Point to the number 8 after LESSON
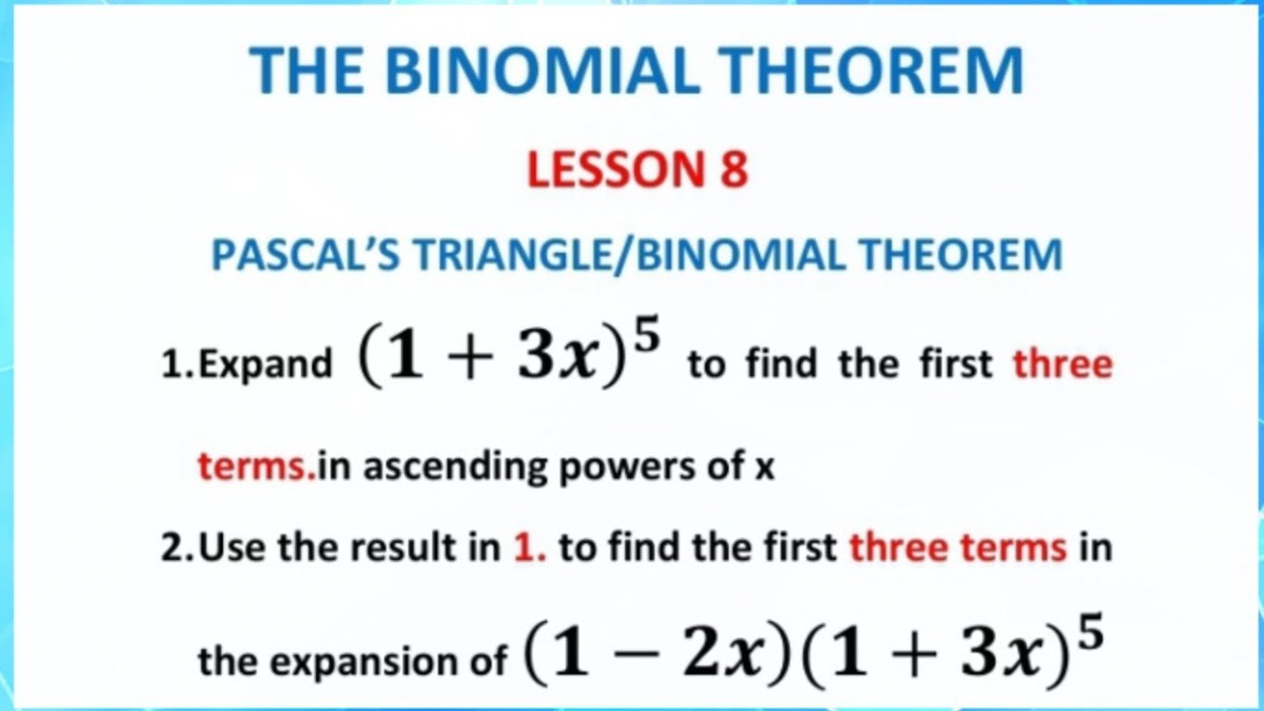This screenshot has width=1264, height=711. [732, 169]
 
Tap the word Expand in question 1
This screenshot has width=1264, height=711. [264, 364]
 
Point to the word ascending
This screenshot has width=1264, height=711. [456, 466]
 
